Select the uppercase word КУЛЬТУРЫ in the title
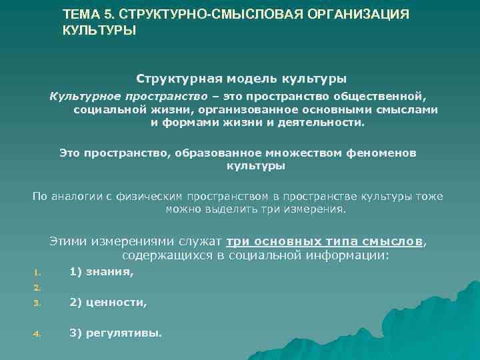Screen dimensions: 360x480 pyautogui.click(x=99, y=31)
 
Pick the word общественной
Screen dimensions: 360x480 pyautogui.click(x=385, y=97)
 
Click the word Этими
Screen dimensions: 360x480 pyautogui.click(x=69, y=242)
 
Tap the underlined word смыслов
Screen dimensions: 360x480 pyautogui.click(x=393, y=242)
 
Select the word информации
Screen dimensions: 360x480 pyautogui.click(x=347, y=255)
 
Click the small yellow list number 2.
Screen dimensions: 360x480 pyautogui.click(x=37, y=288)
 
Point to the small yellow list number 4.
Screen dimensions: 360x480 pyautogui.click(x=37, y=333)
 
